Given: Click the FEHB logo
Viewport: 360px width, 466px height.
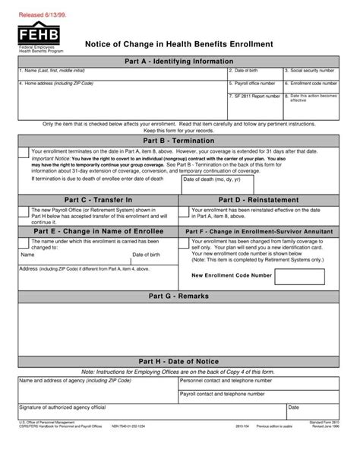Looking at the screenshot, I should pyautogui.click(x=33, y=35).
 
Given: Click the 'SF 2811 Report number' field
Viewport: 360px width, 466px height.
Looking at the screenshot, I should pyautogui.click(x=254, y=105).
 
